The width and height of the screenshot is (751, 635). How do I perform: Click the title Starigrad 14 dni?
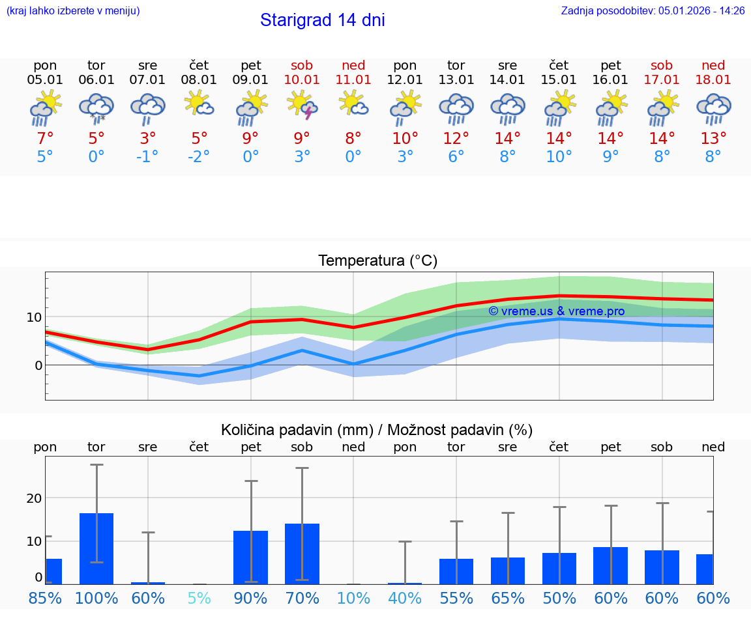(322, 20)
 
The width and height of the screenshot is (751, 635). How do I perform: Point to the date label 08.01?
(199, 79)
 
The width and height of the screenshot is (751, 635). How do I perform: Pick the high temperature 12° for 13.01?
(456, 138)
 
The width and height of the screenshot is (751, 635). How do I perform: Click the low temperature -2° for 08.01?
(199, 157)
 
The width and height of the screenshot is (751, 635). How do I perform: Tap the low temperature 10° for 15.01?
(559, 157)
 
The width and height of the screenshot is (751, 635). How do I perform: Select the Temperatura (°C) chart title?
(377, 261)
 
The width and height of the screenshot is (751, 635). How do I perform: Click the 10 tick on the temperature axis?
(34, 317)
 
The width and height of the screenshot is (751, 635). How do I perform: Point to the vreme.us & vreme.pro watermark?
(556, 311)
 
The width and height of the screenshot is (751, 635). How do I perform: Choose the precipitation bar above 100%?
(96, 548)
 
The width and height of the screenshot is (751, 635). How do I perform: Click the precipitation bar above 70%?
(302, 554)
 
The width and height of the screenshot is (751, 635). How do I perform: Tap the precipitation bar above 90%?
(251, 557)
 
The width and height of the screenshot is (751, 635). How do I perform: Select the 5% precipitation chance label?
(199, 598)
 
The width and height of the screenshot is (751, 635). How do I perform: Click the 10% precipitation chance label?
(353, 598)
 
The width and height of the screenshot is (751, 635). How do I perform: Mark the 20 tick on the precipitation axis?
(34, 498)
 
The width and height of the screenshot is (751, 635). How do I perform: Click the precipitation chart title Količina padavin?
(377, 430)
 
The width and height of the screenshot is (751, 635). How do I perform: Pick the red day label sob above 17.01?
(662, 65)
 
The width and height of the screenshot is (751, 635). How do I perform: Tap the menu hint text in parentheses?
(73, 10)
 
